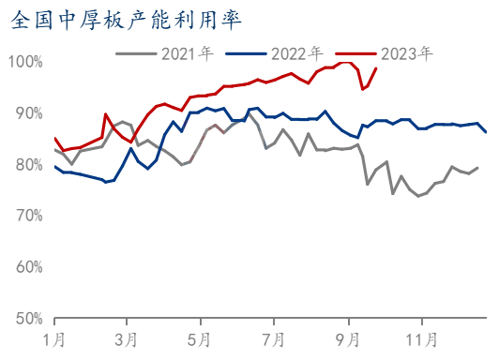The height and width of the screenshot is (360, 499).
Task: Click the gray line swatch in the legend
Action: [x=135, y=53]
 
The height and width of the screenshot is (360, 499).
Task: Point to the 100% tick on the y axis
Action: [x=26, y=62]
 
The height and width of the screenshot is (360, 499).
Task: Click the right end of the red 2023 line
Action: [x=376, y=67]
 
